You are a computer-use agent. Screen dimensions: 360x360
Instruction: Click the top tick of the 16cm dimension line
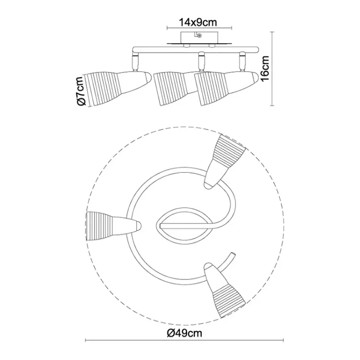point(273,32)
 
